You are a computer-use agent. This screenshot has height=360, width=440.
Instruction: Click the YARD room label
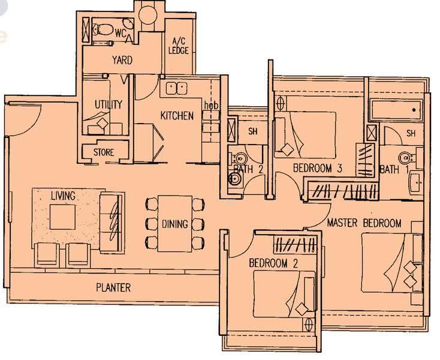coord(122,60)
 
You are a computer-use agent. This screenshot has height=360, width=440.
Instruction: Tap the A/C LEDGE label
coord(179,46)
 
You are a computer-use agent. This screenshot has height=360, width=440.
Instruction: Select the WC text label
coord(120,34)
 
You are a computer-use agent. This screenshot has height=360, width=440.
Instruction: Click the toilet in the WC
coord(102,29)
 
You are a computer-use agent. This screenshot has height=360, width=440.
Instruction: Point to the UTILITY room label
coord(109,104)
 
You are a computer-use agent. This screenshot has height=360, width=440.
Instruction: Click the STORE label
coord(104,152)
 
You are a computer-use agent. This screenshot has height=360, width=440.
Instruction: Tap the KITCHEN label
coord(177,115)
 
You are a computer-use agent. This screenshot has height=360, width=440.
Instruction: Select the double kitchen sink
coord(176,88)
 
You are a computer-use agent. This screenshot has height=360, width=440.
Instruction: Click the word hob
coord(211,106)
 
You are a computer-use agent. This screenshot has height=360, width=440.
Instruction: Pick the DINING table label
coord(175,224)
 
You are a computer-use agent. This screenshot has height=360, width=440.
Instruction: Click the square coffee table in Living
coord(62,217)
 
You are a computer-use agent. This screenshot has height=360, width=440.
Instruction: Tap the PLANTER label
coord(113,287)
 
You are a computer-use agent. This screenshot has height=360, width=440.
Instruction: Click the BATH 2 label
coord(248,169)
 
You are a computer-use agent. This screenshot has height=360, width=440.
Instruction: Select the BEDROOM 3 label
coord(317,168)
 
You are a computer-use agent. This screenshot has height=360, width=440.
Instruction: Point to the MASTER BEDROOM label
coord(364,223)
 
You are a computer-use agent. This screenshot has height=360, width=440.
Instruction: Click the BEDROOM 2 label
coord(273,263)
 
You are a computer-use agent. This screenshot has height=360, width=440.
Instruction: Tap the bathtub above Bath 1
coord(396,110)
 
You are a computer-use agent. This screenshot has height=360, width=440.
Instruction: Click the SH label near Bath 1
coord(411,133)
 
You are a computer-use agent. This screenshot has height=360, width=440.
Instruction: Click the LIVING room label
coord(63,196)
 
